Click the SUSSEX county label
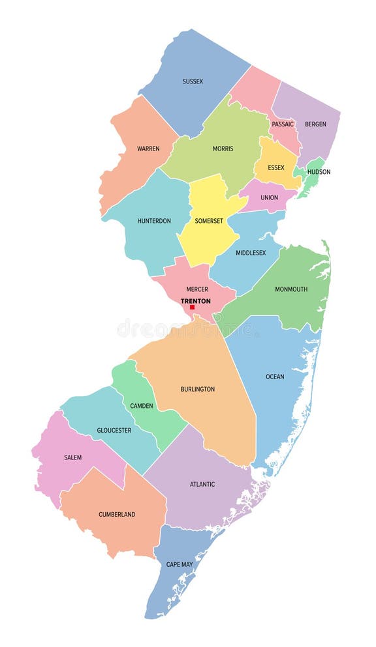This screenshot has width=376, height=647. (x=193, y=81)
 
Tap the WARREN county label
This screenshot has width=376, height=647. (x=148, y=149)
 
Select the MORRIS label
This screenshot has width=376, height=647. (x=223, y=149)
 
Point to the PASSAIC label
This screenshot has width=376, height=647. (x=283, y=124)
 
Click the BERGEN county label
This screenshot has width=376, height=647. (x=316, y=124)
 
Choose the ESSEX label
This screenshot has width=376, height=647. (x=276, y=167)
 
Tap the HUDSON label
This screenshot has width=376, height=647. (x=319, y=172)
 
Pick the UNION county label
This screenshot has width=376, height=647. (x=269, y=197)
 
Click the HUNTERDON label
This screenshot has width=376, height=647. (x=154, y=221)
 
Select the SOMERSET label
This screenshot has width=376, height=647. (x=209, y=221)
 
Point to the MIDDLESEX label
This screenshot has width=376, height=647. (x=251, y=253)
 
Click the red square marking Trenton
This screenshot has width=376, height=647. (x=193, y=307)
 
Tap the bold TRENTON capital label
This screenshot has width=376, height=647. (x=196, y=301)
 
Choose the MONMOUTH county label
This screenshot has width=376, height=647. (x=291, y=289)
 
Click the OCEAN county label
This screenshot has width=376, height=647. (x=275, y=377)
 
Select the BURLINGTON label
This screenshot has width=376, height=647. (x=197, y=390)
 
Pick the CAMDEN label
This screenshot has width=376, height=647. (x=142, y=406)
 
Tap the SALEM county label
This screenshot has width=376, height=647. (x=73, y=457)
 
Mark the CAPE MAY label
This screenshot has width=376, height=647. (x=179, y=564)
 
